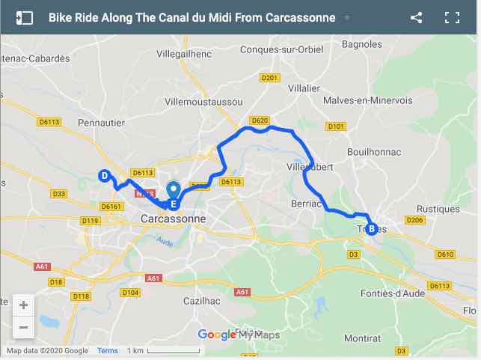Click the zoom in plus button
[23, 305]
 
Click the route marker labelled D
[105, 176]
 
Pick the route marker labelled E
[174, 204]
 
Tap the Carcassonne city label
[173, 219]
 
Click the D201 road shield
[269, 77]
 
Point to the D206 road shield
[415, 220]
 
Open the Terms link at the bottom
[108, 350]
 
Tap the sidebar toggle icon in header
[25, 17]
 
